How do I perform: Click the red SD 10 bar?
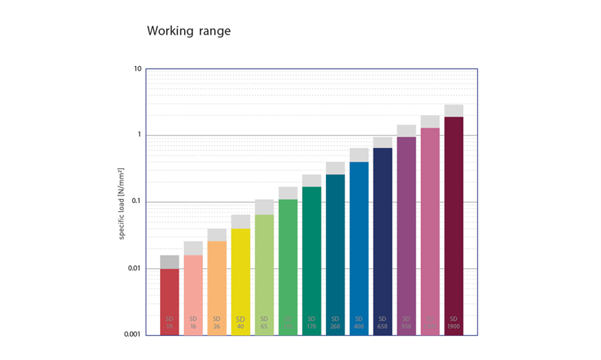pos(170,301)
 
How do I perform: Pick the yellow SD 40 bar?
pos(240,281)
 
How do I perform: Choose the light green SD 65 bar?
pos(264,274)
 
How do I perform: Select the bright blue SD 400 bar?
pos(359,248)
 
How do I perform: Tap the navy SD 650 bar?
pos(382,241)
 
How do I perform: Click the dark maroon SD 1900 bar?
pos(454,225)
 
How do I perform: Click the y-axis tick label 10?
pos(137,69)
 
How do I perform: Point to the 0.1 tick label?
pos(135,202)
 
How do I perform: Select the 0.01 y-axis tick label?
pos(134,269)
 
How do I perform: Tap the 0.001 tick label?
pos(132,335)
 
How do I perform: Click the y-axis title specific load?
pos(122,202)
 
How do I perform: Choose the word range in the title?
pos(213,32)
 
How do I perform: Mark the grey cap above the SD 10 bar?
pos(170,262)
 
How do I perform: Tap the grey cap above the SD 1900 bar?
pos(454,110)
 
